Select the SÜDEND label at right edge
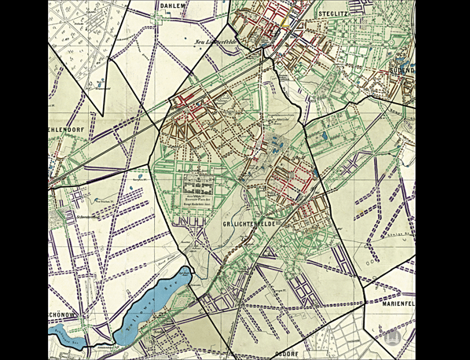(401, 70)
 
